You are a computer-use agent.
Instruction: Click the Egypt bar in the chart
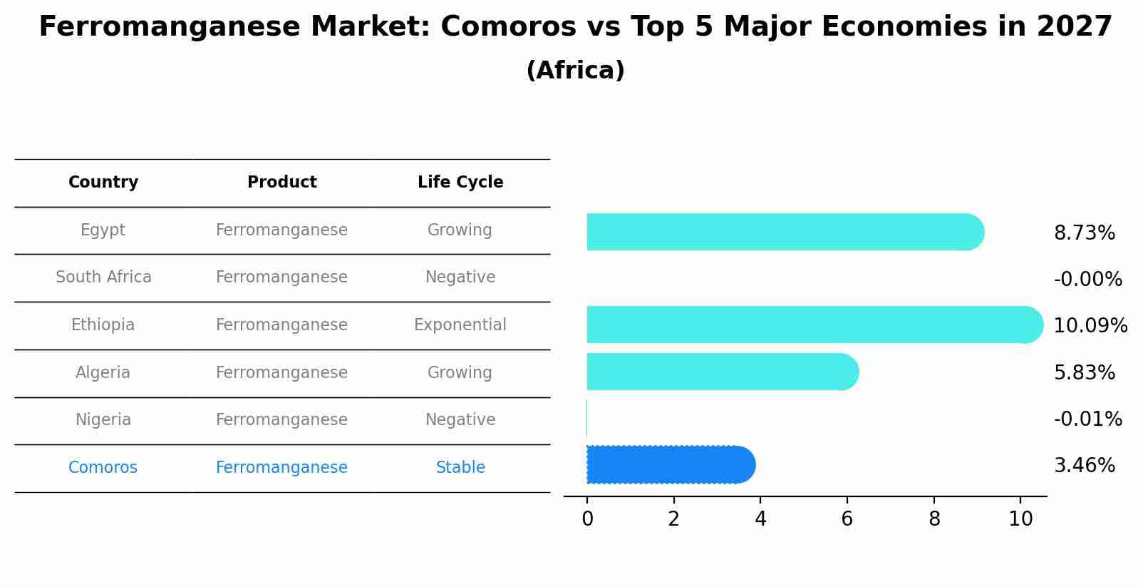coord(784,232)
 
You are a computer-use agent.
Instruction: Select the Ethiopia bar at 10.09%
coord(812,325)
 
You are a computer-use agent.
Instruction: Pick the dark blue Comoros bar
coord(670,464)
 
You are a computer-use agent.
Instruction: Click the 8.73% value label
coord(1084,233)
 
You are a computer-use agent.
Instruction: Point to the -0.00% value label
coord(1087,280)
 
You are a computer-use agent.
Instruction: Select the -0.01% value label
coord(1087,419)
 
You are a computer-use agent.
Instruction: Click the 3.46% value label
coord(1084,466)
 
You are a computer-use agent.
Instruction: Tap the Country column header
coord(103,183)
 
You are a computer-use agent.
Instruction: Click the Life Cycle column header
coord(460,183)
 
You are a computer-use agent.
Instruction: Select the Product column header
coord(281,183)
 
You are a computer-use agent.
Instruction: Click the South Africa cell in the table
coord(103,277)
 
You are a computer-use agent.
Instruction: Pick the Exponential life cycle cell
coord(460,325)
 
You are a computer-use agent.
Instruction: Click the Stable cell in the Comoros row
coord(460,468)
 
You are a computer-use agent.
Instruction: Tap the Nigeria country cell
coord(103,420)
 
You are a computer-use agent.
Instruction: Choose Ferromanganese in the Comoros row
coord(281,468)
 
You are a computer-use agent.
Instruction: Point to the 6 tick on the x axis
coord(847,519)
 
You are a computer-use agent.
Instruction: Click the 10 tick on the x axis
coord(1020,519)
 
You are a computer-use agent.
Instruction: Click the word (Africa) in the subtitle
coord(575,71)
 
